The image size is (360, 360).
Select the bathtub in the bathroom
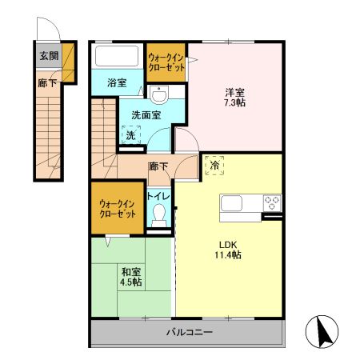(x=117, y=57)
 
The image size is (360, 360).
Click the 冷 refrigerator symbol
(x=214, y=163)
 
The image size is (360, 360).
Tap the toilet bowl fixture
(x=161, y=214)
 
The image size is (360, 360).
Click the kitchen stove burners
(x=272, y=202)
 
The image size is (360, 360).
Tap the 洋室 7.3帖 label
(x=234, y=97)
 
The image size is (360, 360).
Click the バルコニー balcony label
(x=189, y=332)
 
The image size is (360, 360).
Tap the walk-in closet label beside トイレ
(x=117, y=210)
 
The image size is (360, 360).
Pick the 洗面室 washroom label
(x=146, y=115)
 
